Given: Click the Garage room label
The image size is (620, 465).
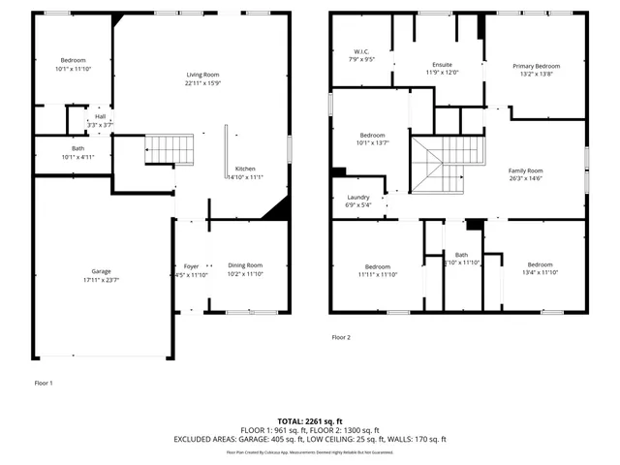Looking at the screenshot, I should [101, 270].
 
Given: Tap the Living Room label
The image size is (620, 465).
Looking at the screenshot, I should [203, 75].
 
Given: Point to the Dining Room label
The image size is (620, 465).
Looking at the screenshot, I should [244, 265].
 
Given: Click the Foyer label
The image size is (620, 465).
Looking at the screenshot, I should [191, 265].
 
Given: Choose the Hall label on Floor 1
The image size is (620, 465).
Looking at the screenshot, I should [100, 116].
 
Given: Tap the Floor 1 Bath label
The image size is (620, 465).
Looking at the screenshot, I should [73, 148].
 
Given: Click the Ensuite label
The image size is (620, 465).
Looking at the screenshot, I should [441, 64].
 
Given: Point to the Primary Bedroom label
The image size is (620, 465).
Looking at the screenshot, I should [536, 66].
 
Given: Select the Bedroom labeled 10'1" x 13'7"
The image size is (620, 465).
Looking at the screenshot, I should [374, 135].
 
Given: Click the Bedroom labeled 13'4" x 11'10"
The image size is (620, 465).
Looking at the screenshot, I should [540, 265].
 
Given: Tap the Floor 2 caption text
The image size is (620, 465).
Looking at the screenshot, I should [341, 337].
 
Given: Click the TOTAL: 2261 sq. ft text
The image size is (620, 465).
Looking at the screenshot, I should [309, 421].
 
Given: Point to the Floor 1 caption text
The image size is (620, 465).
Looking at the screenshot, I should [44, 383].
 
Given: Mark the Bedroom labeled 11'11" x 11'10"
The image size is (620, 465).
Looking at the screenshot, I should [377, 266].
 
